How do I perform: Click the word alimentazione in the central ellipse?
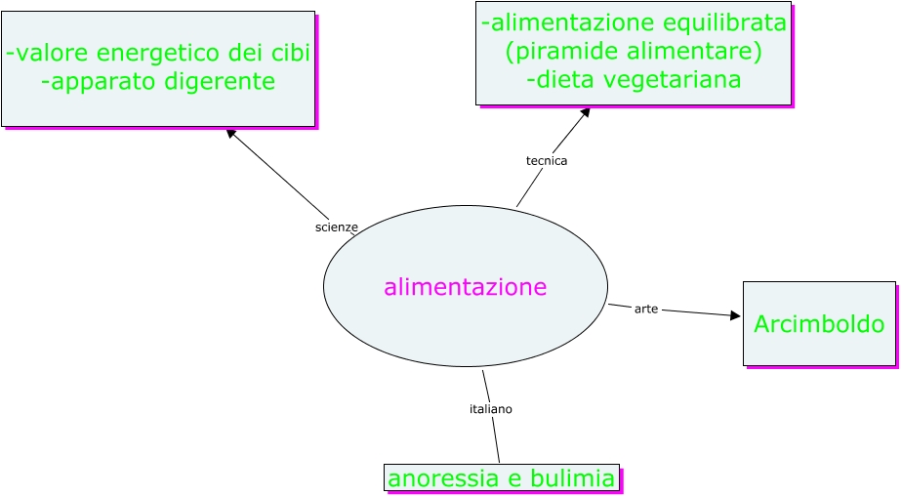tap(465, 287)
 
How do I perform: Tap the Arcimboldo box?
tap(819, 323)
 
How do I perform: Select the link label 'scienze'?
tap(336, 227)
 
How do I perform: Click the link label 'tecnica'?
tap(547, 161)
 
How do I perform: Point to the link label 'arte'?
tap(646, 309)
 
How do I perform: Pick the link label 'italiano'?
tap(491, 409)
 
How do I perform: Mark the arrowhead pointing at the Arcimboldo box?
tap(736, 315)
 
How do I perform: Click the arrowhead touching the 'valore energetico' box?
tap(231, 134)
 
